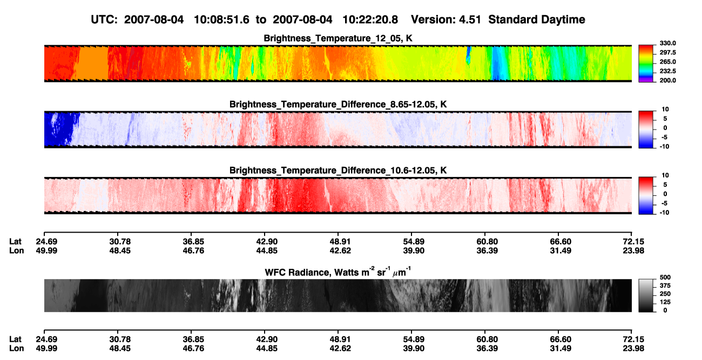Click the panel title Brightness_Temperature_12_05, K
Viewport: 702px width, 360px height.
pyautogui.click(x=338, y=38)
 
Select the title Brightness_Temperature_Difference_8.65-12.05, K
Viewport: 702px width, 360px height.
pyautogui.click(x=338, y=104)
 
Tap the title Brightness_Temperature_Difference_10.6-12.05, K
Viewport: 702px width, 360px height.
pyautogui.click(x=338, y=171)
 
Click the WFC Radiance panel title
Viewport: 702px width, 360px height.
pyautogui.click(x=338, y=272)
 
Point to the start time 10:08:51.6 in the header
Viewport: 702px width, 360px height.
pyautogui.click(x=221, y=20)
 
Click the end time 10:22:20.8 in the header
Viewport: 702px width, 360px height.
pyautogui.click(x=370, y=20)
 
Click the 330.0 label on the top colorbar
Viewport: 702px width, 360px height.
pyautogui.click(x=667, y=43)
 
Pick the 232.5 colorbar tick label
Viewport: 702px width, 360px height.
pyautogui.click(x=667, y=71)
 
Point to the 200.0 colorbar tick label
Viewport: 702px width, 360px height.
pyautogui.click(x=667, y=80)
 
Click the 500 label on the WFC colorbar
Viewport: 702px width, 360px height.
pyautogui.click(x=665, y=277)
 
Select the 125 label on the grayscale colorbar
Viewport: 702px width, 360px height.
pyautogui.click(x=665, y=302)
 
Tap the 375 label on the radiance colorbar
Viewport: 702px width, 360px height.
pyautogui.click(x=665, y=286)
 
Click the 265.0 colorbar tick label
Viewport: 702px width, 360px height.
pyautogui.click(x=667, y=62)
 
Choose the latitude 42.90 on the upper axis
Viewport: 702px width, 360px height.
pyautogui.click(x=267, y=242)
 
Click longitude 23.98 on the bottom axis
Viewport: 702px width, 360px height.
pyautogui.click(x=633, y=349)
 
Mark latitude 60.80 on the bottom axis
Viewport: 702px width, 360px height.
pyautogui.click(x=487, y=339)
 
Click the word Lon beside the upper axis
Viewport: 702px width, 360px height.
pyautogui.click(x=16, y=250)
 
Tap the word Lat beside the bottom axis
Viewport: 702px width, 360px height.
pyautogui.click(x=15, y=339)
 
